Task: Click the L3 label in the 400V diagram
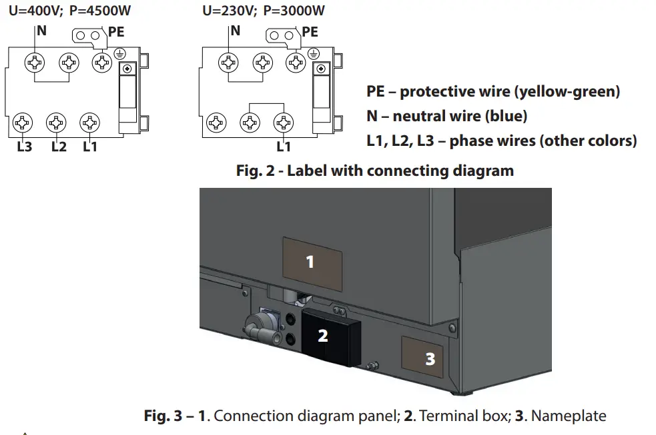tap(24, 147)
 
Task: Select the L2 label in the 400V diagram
tap(59, 147)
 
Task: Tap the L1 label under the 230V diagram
tap(284, 147)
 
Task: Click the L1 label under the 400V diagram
tap(90, 147)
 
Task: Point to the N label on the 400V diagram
tap(41, 31)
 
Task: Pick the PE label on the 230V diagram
tap(310, 32)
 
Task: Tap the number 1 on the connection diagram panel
tap(310, 262)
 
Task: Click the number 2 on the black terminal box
tap(323, 336)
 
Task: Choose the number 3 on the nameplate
tap(430, 359)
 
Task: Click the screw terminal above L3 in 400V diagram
tap(23, 123)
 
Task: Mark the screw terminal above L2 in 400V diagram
tap(56, 123)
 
